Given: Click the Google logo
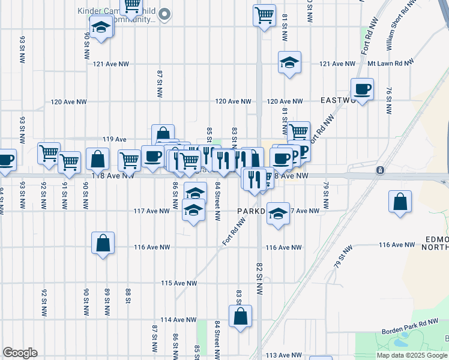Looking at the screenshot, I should (20, 353).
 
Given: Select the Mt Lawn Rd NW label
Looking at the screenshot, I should (391, 63).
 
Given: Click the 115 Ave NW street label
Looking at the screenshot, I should (179, 283).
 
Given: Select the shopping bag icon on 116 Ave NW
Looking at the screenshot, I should (103, 243).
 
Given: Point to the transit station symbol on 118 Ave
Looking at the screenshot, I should (380, 170).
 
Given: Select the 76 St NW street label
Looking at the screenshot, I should (389, 101).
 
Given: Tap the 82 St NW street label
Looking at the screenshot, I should (259, 278).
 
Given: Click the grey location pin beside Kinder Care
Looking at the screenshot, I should (168, 13).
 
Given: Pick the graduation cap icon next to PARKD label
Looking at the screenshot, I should (278, 214).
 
